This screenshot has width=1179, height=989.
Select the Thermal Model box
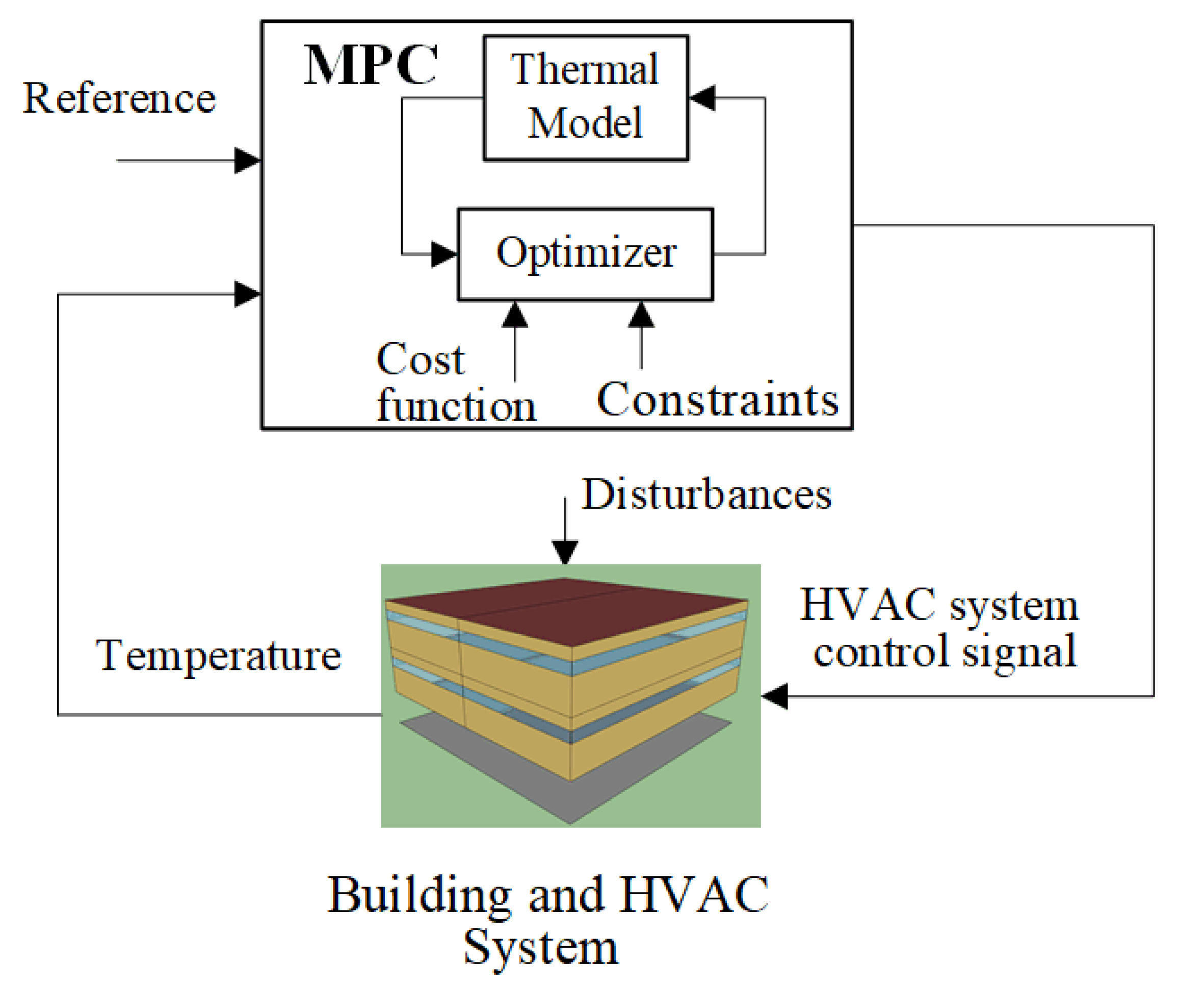pyautogui.click(x=586, y=98)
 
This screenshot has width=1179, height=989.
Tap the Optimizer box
pyautogui.click(x=586, y=254)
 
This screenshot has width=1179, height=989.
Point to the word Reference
pyautogui.click(x=119, y=98)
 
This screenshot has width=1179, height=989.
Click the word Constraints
pyautogui.click(x=717, y=400)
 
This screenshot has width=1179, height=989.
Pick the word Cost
pyautogui.click(x=421, y=359)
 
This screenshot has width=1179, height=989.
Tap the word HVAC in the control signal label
pyautogui.click(x=868, y=605)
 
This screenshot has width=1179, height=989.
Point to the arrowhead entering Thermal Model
pyautogui.click(x=702, y=98)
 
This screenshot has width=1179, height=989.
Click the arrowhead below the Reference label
pyautogui.click(x=247, y=161)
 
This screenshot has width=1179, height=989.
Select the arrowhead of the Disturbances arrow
pyautogui.click(x=565, y=552)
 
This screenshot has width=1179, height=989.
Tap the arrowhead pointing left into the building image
pyautogui.click(x=775, y=696)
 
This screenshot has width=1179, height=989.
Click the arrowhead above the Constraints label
pyautogui.click(x=641, y=315)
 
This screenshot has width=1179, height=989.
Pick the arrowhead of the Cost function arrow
pyautogui.click(x=515, y=315)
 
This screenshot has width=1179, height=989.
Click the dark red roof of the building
pyautogui.click(x=567, y=609)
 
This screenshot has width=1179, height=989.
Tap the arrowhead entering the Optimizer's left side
pyautogui.click(x=444, y=254)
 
